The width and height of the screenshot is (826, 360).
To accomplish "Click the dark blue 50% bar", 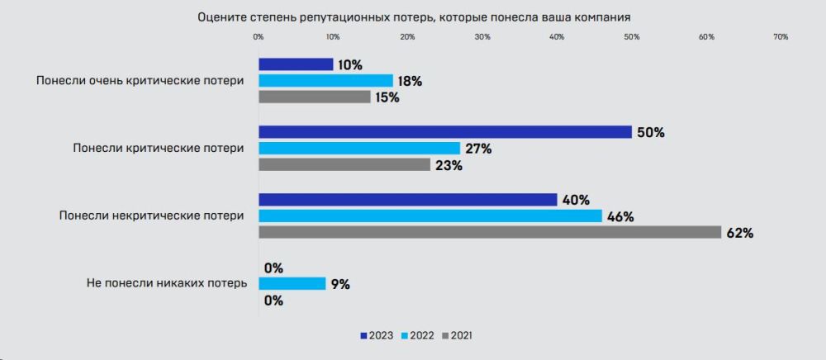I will [445, 132].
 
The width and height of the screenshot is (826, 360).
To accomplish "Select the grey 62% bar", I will [490, 233].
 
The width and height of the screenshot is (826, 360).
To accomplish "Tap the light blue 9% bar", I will [292, 283].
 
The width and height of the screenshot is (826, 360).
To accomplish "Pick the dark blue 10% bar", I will [296, 64].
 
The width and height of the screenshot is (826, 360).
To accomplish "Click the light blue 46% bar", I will [430, 216].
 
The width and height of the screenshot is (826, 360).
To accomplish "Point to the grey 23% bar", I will [344, 165].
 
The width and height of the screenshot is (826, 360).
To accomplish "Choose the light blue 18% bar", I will [325, 81].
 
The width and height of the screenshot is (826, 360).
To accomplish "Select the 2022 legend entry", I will [417, 335].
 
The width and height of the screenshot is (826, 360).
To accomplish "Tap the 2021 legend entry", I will [457, 335].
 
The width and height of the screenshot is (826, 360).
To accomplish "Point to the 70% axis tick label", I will [781, 36].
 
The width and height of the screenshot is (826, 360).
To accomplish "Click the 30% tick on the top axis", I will [482, 36].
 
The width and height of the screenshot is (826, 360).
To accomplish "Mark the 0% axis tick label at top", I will [258, 36].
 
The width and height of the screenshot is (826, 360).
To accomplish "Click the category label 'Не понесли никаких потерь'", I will [166, 283].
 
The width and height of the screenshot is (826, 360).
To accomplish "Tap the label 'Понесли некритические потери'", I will [151, 216].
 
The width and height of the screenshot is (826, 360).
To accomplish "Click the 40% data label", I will [575, 200].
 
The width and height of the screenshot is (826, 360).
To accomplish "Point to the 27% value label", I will [478, 149].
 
